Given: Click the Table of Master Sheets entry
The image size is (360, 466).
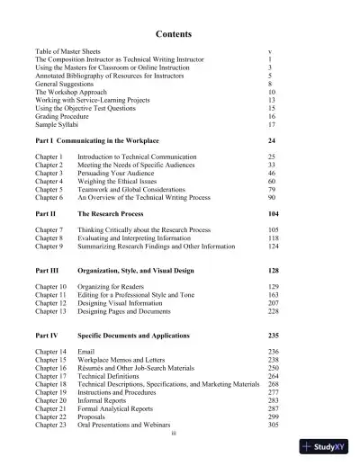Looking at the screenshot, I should tap(67, 54).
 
